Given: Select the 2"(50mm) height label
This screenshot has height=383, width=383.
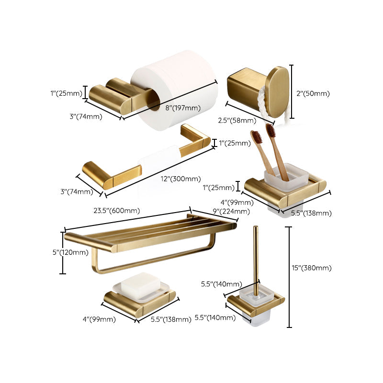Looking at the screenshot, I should pos(313,94).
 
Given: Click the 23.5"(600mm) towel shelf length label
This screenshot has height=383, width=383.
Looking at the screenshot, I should pos(116,210).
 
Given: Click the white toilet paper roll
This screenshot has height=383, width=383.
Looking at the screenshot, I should pos(175,81).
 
